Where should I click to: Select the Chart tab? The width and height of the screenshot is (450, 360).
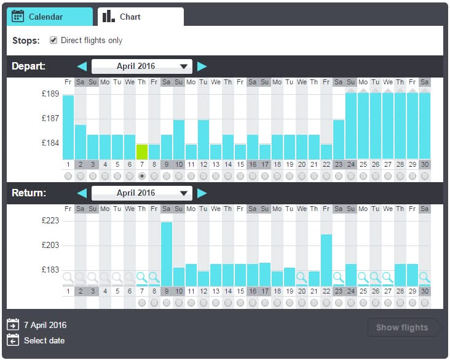(140, 17)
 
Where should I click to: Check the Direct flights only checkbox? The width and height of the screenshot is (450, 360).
(53, 41)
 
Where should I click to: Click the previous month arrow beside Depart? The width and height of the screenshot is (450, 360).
(82, 66)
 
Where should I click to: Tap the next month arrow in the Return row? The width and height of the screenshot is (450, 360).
(202, 193)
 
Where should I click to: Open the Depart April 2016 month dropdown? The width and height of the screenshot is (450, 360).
(142, 66)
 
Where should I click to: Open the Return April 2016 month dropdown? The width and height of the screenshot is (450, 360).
(142, 193)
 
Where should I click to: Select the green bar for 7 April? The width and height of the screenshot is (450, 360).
(142, 151)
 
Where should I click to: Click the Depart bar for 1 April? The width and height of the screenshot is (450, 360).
(68, 127)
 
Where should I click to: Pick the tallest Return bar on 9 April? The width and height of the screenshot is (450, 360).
(167, 254)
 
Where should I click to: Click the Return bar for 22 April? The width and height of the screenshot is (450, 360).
(326, 260)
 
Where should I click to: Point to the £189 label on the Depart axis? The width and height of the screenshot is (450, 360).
(50, 94)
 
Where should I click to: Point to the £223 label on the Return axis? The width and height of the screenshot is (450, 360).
(50, 221)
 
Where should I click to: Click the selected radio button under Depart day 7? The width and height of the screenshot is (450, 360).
(142, 176)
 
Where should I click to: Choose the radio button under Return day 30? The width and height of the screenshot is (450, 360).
(425, 303)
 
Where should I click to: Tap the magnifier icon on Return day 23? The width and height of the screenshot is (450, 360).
(339, 278)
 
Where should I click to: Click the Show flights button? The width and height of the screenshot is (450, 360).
(402, 327)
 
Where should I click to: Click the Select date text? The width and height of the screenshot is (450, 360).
(44, 340)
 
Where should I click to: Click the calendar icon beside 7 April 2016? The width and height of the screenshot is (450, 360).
(13, 325)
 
